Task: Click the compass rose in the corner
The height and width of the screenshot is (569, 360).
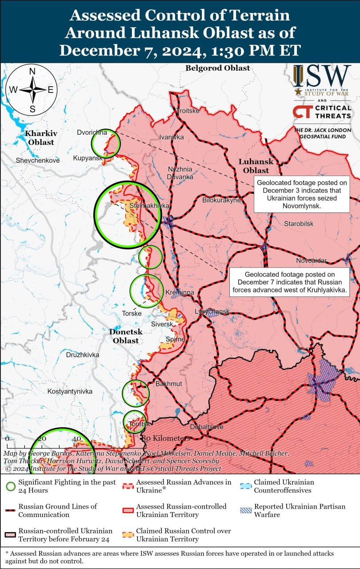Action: click(32, 90)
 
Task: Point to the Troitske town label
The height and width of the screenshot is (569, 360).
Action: click(188, 111)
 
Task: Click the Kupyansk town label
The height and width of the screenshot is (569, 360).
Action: click(88, 158)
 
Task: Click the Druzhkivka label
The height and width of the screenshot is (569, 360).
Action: click(82, 355)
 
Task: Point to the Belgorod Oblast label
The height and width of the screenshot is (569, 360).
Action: click(218, 68)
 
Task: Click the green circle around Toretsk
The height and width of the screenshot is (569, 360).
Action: click(135, 422)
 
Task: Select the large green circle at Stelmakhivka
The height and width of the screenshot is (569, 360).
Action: click(127, 215)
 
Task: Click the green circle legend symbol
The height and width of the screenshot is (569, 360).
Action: click(11, 486)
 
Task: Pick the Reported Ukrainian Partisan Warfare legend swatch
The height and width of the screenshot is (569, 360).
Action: click(245, 510)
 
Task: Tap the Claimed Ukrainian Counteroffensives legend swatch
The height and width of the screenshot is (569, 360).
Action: click(245, 486)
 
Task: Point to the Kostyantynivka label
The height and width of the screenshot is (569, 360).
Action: click(70, 391)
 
